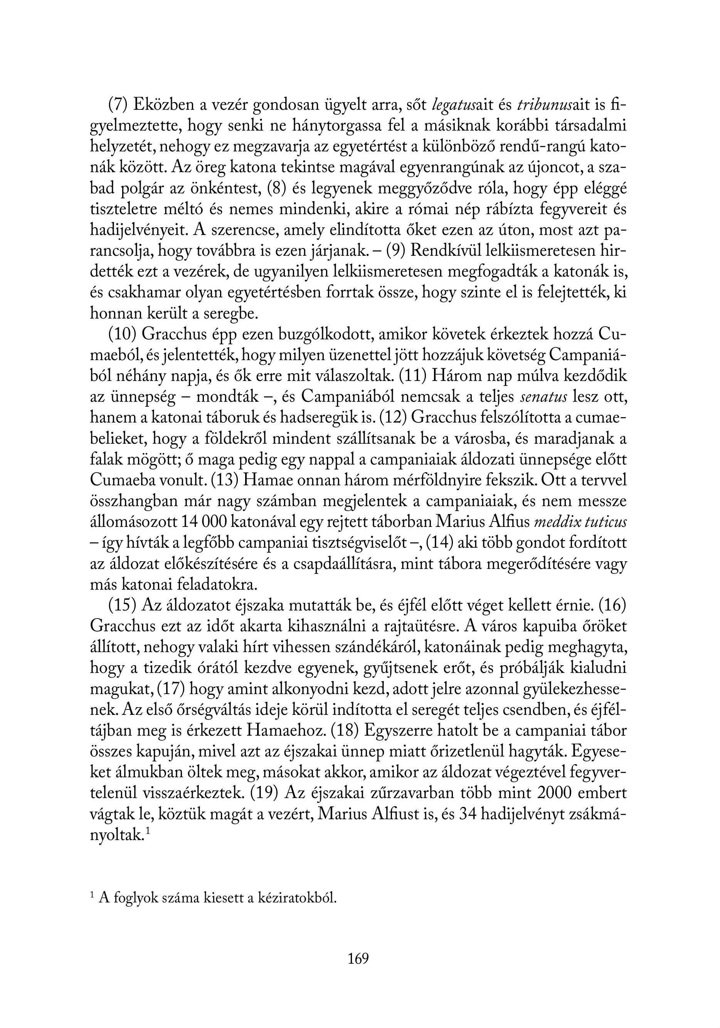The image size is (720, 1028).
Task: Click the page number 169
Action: (x=358, y=959)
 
